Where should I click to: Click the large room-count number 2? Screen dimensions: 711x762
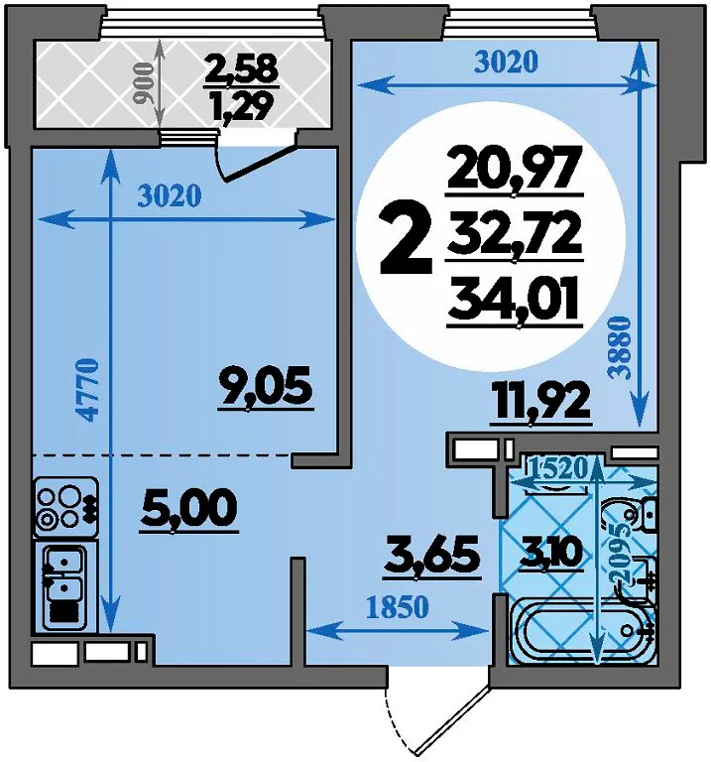406,238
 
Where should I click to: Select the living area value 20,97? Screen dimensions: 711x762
515,168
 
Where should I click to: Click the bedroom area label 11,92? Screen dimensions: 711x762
541,402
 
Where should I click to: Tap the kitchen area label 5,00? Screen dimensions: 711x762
189,508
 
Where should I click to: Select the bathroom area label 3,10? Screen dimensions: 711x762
550,552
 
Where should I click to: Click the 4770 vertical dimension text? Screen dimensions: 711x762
88,390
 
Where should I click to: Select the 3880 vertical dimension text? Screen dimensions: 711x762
621,347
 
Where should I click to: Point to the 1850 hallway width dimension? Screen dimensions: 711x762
398,606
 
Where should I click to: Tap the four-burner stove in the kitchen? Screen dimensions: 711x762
65,507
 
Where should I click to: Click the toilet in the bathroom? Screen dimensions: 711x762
630,517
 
